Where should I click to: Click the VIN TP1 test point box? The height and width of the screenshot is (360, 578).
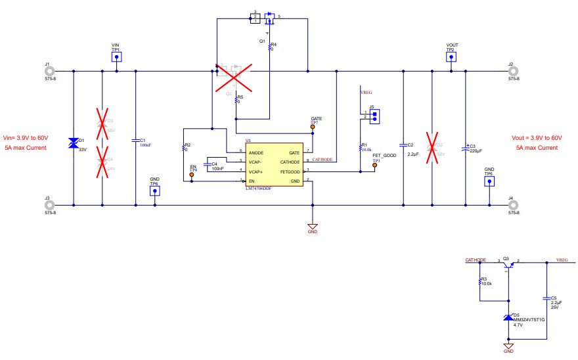116,58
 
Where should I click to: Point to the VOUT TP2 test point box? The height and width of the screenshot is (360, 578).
451,58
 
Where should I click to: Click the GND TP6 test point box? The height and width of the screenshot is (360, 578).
154,191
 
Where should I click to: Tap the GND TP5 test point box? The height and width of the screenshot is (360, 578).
489,182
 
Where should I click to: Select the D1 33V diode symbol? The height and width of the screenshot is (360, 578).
74,143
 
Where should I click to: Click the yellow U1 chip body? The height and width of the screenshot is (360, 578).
274,166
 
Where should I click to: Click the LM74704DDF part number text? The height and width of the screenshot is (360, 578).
258,189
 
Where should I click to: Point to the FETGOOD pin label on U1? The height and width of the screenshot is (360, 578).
289,171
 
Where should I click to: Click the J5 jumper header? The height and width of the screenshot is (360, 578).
374,116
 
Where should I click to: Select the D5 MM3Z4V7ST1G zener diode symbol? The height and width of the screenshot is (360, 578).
507,317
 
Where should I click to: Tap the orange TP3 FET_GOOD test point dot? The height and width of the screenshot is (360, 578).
375,166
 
